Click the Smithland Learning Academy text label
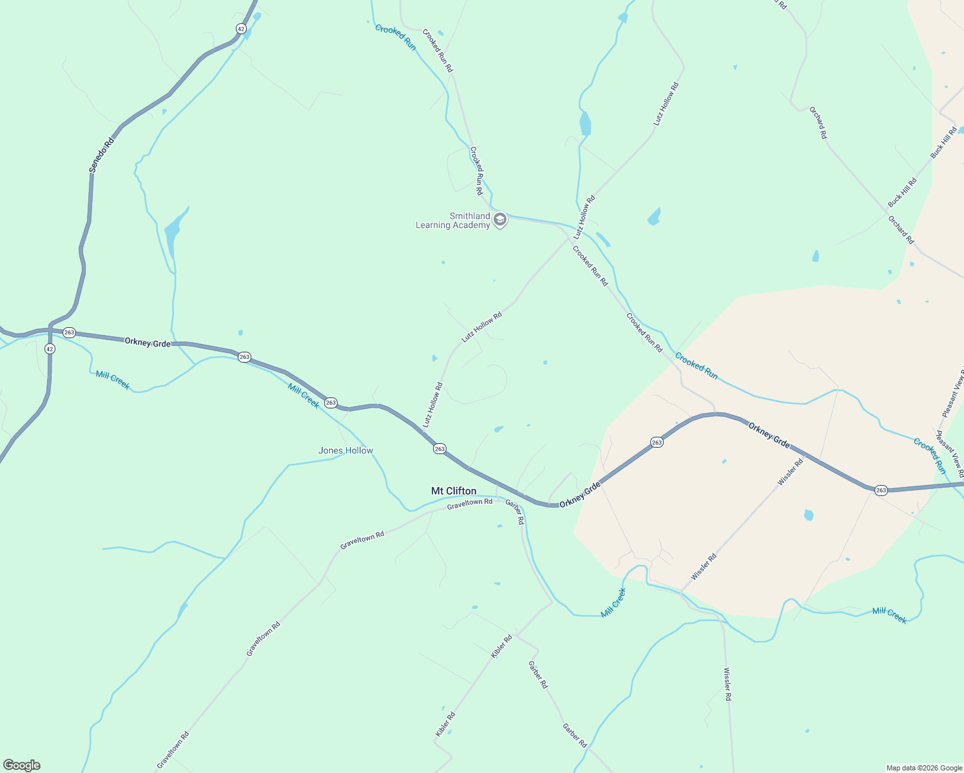click(453, 220)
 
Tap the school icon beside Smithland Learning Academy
click(499, 220)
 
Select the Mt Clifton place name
click(454, 491)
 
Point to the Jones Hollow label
click(345, 450)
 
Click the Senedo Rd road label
click(101, 155)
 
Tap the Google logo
click(21, 765)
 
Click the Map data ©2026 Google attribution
click(924, 768)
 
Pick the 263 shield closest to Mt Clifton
click(439, 449)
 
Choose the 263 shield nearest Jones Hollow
click(331, 403)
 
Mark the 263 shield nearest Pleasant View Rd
click(881, 490)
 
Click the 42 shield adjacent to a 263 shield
click(50, 348)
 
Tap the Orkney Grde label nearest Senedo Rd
click(148, 343)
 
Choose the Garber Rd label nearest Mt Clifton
click(515, 511)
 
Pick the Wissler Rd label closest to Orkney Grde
click(791, 472)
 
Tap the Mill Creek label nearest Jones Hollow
click(304, 395)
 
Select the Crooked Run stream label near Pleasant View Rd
click(930, 455)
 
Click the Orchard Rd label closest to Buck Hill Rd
click(901, 230)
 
